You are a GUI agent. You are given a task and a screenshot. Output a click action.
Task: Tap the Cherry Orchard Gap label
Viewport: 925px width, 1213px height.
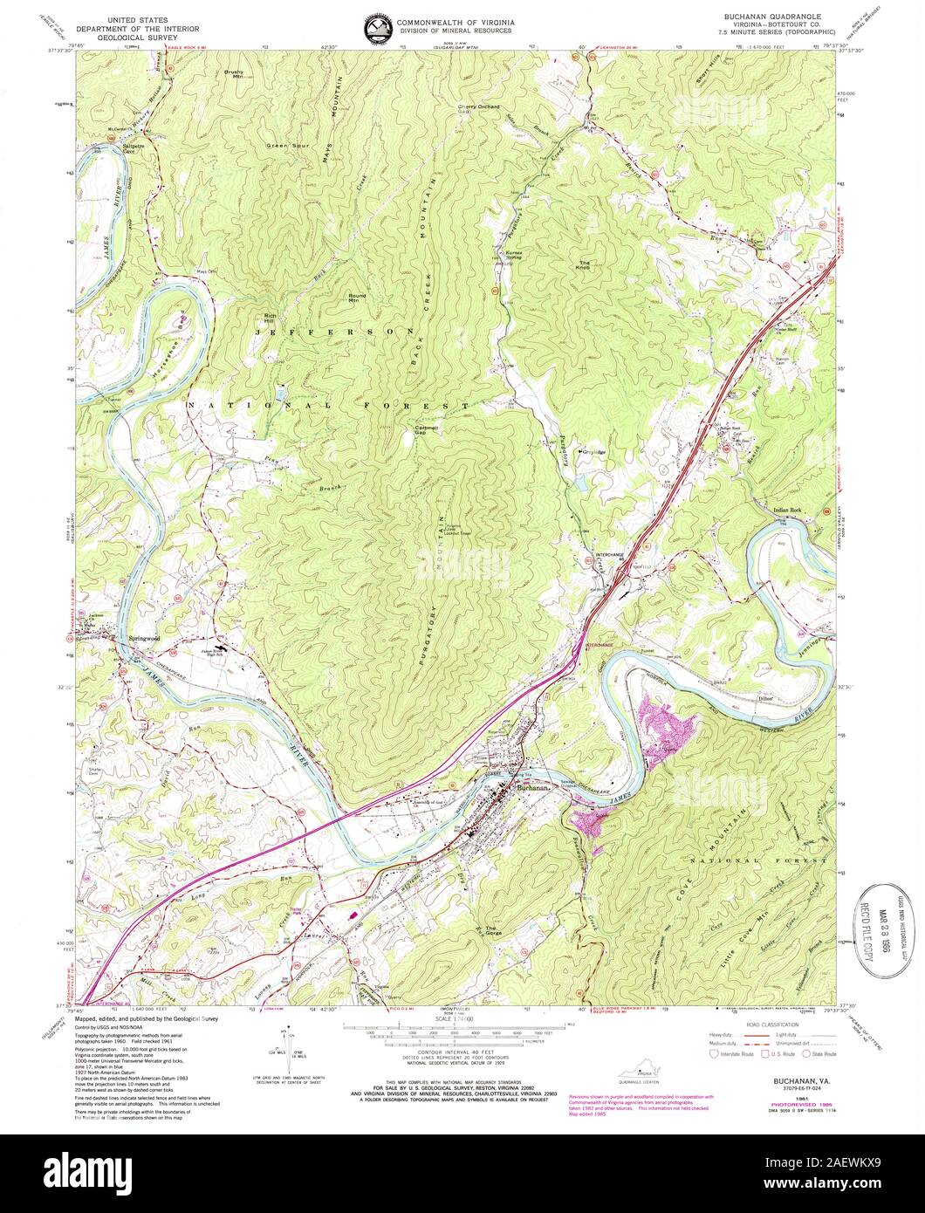tap(479, 109)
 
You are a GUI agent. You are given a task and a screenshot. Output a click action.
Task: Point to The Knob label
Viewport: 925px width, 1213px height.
tap(585, 266)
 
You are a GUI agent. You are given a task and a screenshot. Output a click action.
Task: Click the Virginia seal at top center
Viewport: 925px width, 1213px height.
tap(378, 29)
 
